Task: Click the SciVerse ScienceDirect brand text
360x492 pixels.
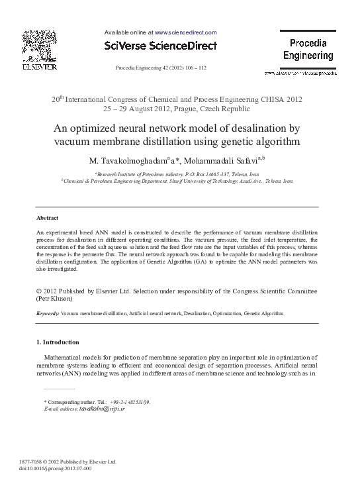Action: pyautogui.click(x=161, y=46)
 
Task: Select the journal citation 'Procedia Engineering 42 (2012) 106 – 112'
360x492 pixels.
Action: pyautogui.click(x=161, y=68)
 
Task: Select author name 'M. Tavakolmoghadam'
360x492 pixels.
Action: pyautogui.click(x=137, y=160)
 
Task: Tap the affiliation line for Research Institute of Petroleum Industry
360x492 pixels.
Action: pyautogui.click(x=180, y=173)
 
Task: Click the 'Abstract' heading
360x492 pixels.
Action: pyautogui.click(x=47, y=218)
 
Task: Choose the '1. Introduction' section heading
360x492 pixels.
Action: pyautogui.click(x=57, y=342)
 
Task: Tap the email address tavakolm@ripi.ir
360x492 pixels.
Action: pyautogui.click(x=102, y=409)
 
